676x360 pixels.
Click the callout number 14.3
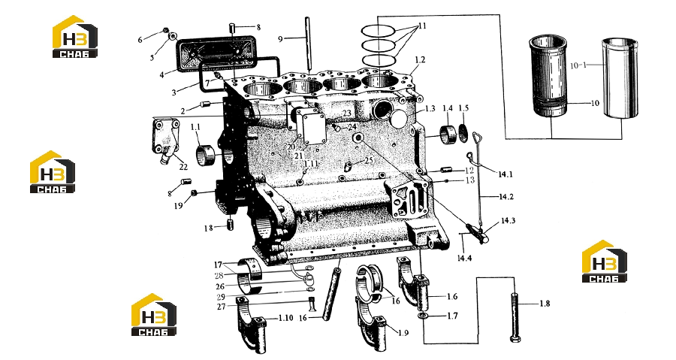508,221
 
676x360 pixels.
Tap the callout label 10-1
578,65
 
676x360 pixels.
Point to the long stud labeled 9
308,44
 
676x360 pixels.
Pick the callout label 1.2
420,59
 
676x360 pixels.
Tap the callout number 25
369,160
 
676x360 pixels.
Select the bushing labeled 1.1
205,156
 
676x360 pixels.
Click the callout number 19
179,206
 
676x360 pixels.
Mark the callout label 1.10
285,318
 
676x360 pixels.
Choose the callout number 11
422,26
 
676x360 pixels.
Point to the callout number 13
470,180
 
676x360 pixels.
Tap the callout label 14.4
464,258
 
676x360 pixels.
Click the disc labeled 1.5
463,133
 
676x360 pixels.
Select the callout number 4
161,75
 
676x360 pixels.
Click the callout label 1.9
403,333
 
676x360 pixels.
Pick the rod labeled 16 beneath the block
333,293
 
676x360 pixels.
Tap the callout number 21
299,156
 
